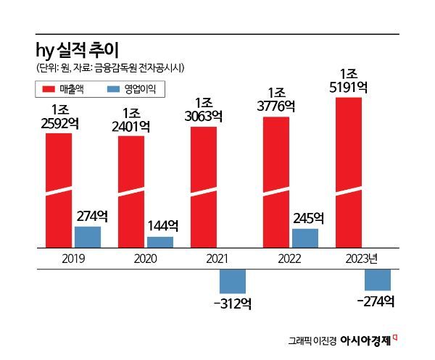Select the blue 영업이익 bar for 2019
coord(88,237)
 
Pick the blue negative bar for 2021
coord(233,281)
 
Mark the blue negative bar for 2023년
coord(378,280)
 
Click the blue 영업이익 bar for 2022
coord(305,238)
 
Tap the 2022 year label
coord(291,258)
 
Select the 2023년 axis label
coord(363,258)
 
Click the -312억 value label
coord(233,304)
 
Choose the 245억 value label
coord(308,217)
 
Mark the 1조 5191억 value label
coord(349,80)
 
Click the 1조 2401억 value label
coord(131,120)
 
